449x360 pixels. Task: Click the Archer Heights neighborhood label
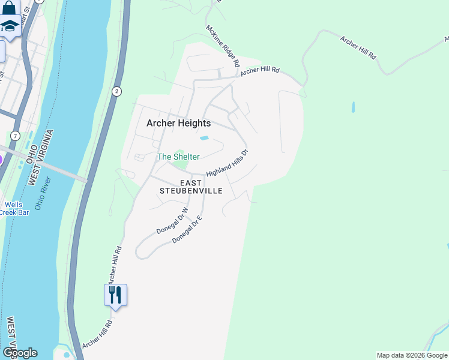click(x=179, y=123)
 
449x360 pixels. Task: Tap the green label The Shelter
click(x=178, y=157)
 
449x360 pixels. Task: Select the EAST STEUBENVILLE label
click(x=191, y=187)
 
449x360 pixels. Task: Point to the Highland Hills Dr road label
click(x=228, y=163)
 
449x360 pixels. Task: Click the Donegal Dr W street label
click(x=172, y=221)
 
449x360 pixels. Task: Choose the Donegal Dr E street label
click(x=187, y=230)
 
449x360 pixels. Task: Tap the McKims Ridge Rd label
click(x=223, y=46)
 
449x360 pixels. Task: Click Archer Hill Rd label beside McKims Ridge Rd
click(x=260, y=71)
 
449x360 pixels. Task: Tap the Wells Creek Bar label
click(x=11, y=208)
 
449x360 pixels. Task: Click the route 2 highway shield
click(x=116, y=91)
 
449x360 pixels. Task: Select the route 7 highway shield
click(x=14, y=136)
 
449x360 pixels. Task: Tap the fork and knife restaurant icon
click(x=115, y=295)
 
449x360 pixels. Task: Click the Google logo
click(x=20, y=353)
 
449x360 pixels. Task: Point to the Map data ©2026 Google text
click(x=411, y=355)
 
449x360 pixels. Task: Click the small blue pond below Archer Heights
click(x=204, y=139)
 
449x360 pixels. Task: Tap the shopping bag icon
click(x=9, y=8)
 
